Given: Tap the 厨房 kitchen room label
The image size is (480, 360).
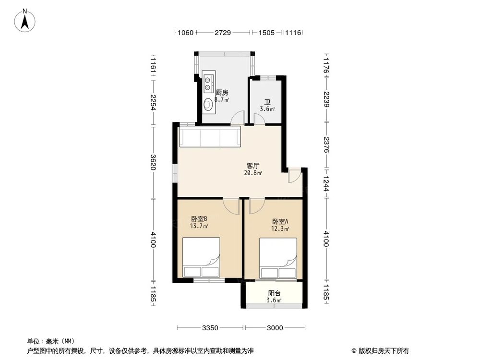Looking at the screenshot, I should [221, 92].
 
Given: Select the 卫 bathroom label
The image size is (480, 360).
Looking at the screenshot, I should [267, 102].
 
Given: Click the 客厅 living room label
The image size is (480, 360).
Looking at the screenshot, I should [253, 166].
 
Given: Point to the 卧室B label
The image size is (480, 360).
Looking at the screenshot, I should [199, 219].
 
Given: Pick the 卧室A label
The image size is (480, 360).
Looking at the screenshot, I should [280, 221].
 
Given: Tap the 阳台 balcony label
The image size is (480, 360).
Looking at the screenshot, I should [274, 293].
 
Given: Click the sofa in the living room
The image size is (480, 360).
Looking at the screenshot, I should [209, 137].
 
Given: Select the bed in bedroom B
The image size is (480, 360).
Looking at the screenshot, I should [201, 258].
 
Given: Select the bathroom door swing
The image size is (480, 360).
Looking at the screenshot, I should [259, 119].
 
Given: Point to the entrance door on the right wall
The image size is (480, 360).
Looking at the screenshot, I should [294, 176].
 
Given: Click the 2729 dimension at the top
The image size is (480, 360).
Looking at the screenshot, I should [223, 33].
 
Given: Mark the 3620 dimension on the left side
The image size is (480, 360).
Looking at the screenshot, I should [153, 162].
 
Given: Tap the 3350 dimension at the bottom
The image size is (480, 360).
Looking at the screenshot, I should [210, 328].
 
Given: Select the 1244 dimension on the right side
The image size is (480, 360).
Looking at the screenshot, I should [326, 182].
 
